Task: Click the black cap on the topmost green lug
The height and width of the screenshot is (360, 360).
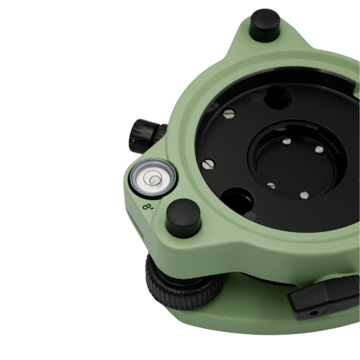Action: pyautogui.click(x=265, y=24)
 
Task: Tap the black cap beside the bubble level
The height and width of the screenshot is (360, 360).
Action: pyautogui.click(x=184, y=217)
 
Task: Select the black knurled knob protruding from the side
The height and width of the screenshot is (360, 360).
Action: pyautogui.click(x=147, y=135)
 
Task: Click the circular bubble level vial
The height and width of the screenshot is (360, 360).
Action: pyautogui.click(x=153, y=179)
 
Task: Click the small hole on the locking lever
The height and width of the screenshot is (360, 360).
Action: pyautogui.click(x=313, y=312)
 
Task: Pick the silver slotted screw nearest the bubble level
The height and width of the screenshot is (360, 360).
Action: pyautogui.click(x=208, y=164)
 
